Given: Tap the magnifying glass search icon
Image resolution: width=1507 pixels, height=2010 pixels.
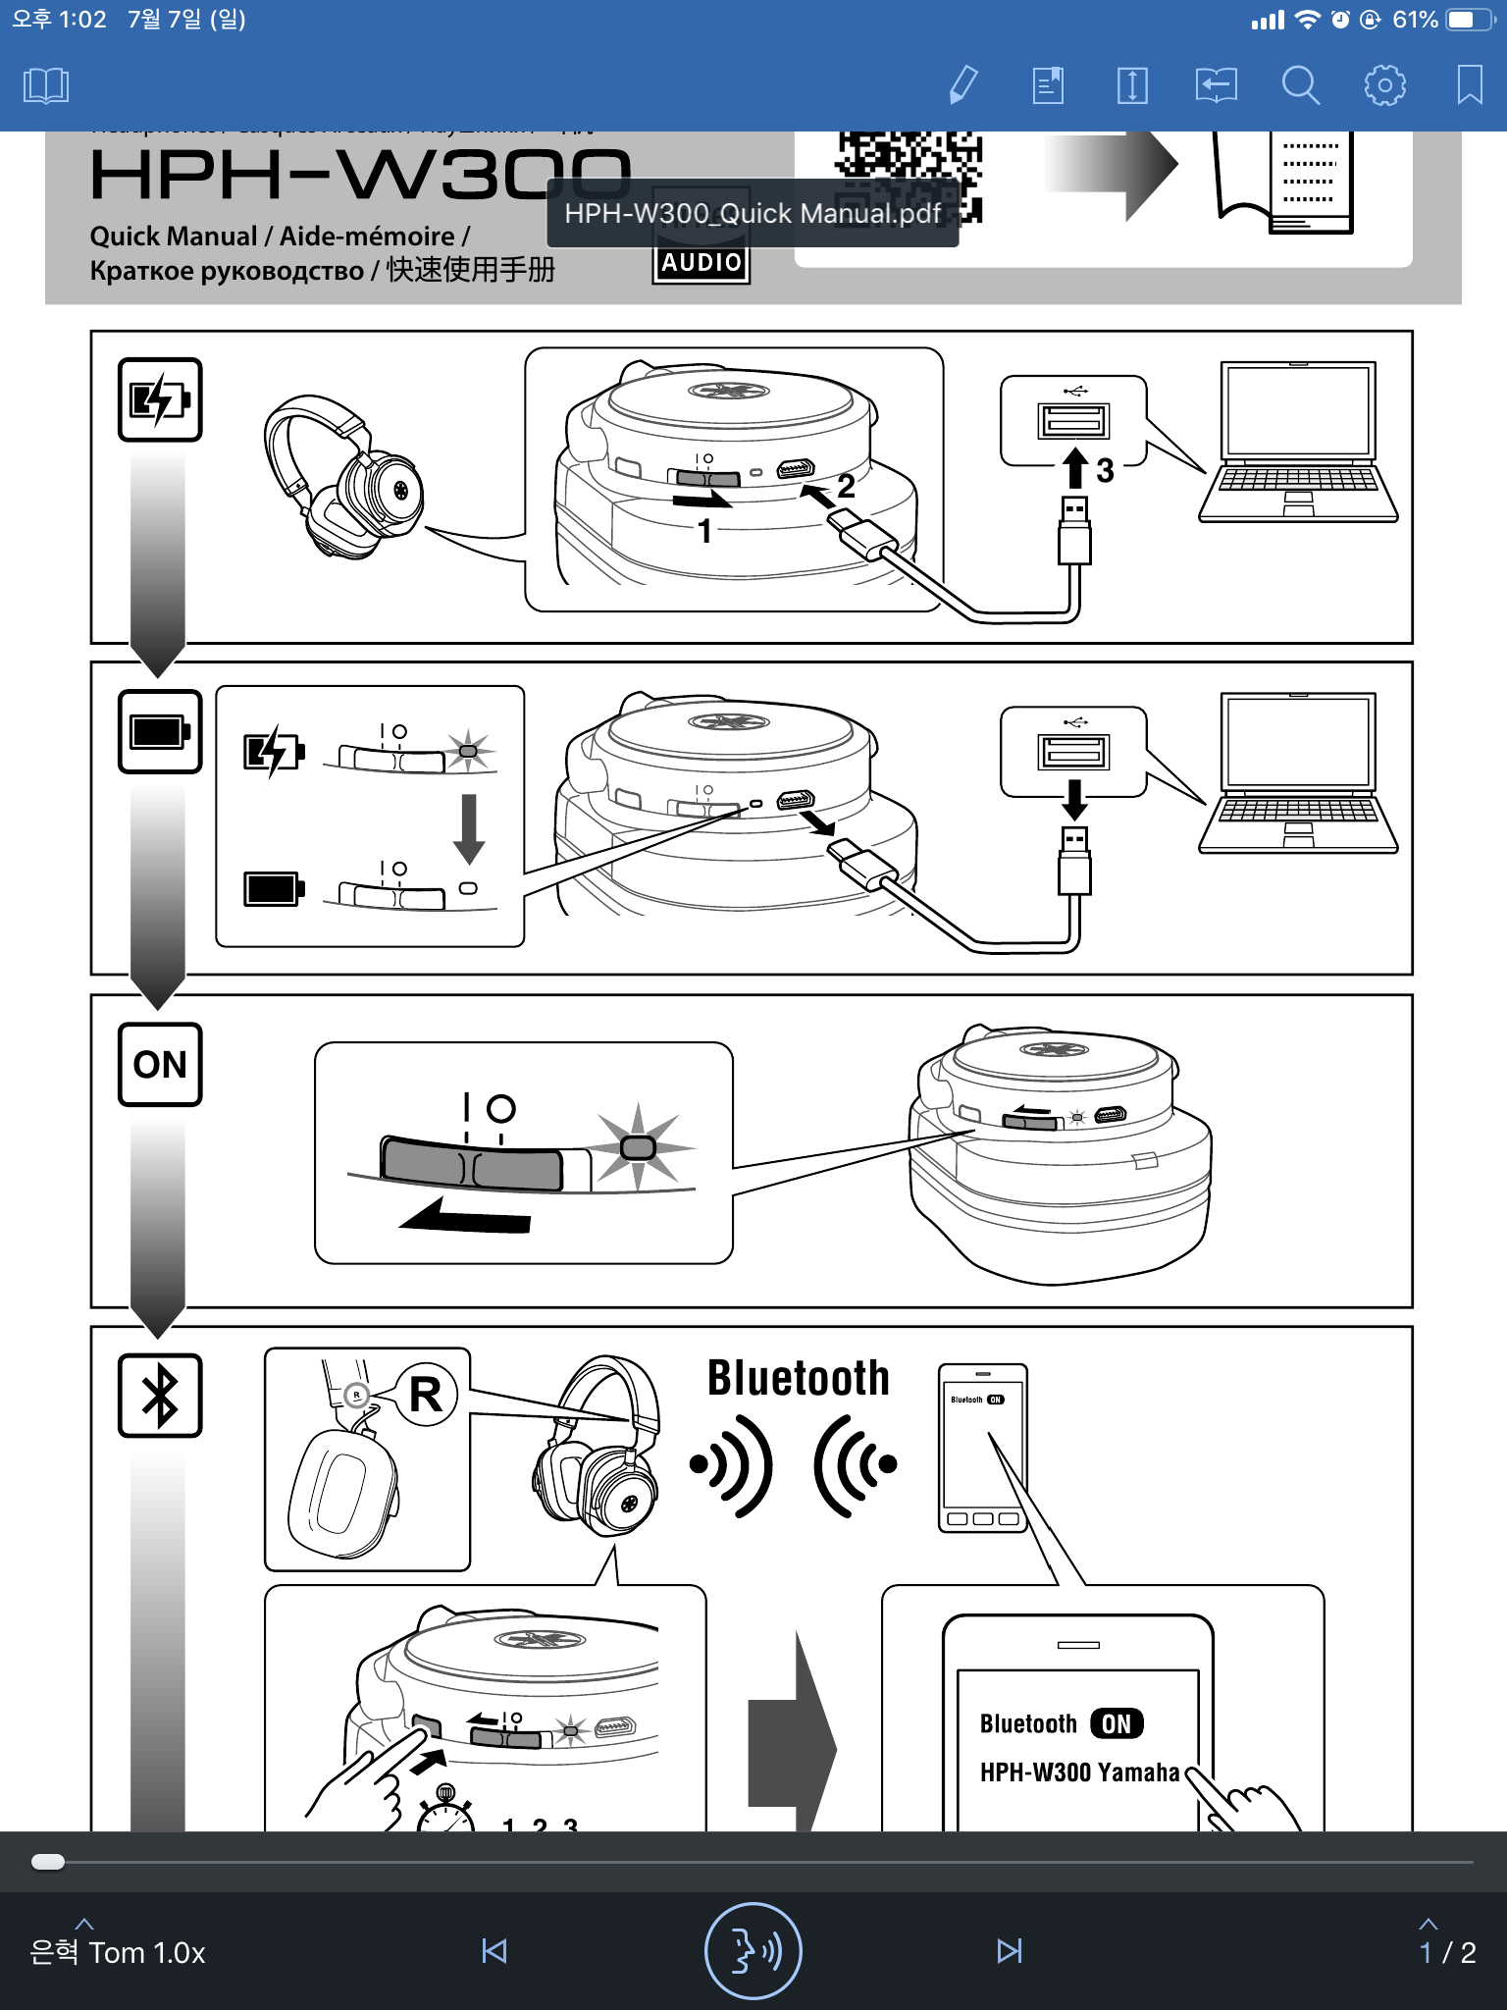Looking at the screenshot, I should (1300, 85).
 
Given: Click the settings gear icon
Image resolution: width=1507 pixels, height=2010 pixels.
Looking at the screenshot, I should (1384, 85).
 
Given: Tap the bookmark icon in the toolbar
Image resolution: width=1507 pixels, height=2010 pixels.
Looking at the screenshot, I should (1469, 85).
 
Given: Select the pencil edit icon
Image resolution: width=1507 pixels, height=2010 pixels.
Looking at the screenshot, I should (963, 85).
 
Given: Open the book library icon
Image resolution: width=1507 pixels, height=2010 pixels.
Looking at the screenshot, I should (46, 85).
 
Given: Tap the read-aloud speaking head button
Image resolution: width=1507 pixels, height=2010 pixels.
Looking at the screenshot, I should (753, 1951).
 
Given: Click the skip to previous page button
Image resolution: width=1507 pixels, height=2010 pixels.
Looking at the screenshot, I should (494, 1951).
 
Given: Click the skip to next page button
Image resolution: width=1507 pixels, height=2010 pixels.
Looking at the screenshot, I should (1009, 1951).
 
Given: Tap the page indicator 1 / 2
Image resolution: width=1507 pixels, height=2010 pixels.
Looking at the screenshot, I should (1447, 1951).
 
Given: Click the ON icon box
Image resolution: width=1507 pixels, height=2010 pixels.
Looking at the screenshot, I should (160, 1064).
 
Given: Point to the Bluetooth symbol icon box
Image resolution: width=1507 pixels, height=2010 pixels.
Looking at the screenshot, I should (160, 1396).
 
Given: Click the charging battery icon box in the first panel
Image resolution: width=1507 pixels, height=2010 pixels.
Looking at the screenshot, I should (160, 399).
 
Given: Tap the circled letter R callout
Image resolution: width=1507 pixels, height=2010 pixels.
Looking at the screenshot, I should (426, 1394).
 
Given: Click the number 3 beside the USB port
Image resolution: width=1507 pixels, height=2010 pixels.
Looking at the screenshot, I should (1105, 471).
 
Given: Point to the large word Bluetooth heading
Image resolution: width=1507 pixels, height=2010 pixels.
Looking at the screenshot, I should (798, 1378).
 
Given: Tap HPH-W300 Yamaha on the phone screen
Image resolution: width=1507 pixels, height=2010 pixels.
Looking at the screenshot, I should (1079, 1772).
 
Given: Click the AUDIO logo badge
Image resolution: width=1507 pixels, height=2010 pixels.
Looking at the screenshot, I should (701, 263).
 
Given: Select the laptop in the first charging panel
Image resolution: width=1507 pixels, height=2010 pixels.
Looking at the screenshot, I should (1297, 442).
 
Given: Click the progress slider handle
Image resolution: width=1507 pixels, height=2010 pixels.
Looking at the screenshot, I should (48, 1862).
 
